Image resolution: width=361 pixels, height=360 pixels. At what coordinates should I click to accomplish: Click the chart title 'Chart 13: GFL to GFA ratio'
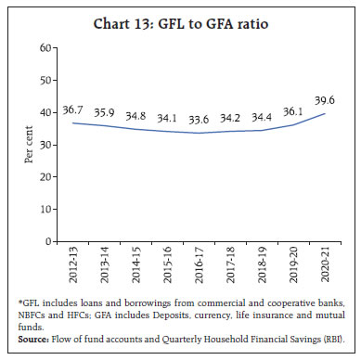tap(180, 23)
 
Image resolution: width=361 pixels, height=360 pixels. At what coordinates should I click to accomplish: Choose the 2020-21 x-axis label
tap(325, 264)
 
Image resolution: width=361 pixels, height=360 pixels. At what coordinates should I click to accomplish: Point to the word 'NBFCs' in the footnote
tap(40, 315)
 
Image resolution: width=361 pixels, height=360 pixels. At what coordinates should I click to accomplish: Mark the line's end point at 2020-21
tap(325, 114)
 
